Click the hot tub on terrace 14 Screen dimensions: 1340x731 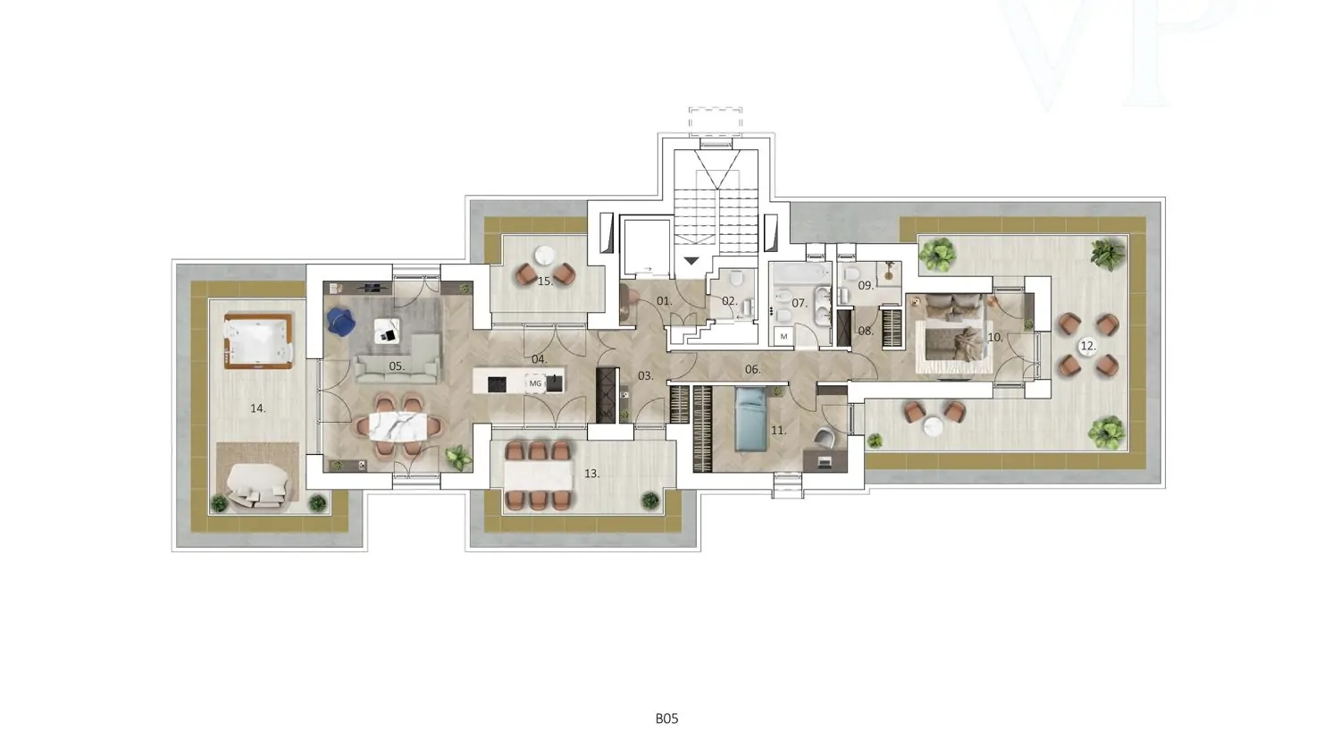click(x=258, y=340)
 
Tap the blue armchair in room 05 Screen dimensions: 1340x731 click(x=340, y=321)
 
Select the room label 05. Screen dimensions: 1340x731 click(x=397, y=366)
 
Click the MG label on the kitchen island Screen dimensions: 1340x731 click(x=535, y=383)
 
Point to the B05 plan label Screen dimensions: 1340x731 click(x=667, y=718)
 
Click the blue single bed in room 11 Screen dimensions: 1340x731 click(x=750, y=419)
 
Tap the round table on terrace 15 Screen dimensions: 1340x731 click(x=546, y=256)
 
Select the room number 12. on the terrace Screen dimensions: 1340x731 click(x=1087, y=346)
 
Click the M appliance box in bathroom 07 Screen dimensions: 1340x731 click(x=783, y=337)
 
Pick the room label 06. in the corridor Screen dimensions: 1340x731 click(x=752, y=370)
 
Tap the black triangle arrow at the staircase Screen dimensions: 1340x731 click(x=691, y=260)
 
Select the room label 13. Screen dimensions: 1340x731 click(x=591, y=474)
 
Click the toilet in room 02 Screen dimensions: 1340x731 click(x=736, y=278)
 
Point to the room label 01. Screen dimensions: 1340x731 click(x=665, y=301)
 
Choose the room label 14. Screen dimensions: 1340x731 click(x=258, y=408)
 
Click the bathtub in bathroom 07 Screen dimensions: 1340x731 click(x=800, y=273)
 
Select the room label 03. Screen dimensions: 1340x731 click(x=646, y=376)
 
